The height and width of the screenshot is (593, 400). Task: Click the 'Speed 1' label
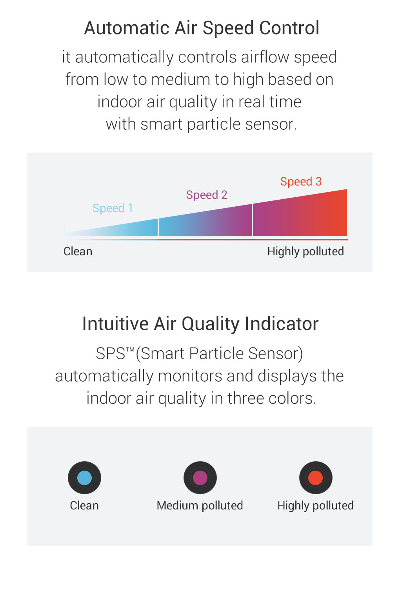[113, 208]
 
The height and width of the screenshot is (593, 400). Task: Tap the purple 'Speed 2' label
[207, 195]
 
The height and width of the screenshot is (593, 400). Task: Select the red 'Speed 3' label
[301, 182]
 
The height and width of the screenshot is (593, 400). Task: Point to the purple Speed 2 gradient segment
[205, 222]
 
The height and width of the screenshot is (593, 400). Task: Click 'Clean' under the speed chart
[78, 251]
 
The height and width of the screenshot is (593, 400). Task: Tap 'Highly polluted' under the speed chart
[305, 252]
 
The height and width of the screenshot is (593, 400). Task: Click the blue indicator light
[84, 478]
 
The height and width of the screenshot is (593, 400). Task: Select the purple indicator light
[200, 478]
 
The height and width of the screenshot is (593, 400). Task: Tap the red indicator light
[316, 478]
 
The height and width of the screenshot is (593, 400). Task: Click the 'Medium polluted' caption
[200, 506]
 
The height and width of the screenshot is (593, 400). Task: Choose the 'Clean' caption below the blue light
[84, 506]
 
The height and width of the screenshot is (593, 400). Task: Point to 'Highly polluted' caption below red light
[316, 506]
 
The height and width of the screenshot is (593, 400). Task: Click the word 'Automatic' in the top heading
[127, 28]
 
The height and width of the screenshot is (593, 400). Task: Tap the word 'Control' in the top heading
[289, 28]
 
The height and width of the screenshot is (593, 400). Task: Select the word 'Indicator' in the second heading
[282, 324]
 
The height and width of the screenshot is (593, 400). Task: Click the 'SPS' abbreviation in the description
[110, 353]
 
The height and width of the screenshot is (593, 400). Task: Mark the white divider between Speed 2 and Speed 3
[252, 220]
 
